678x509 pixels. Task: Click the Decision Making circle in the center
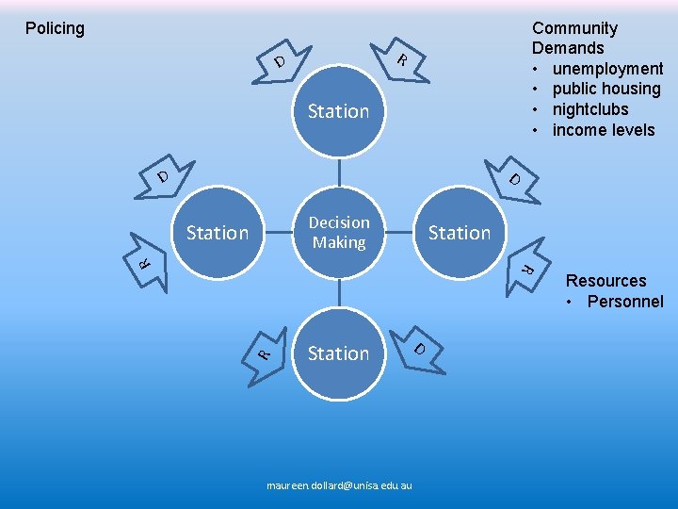[339, 232]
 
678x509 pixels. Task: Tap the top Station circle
[339, 111]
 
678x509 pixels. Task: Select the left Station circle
[218, 232]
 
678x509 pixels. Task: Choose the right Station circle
[460, 232]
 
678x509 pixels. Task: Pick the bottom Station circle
[339, 353]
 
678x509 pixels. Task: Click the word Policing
[55, 28]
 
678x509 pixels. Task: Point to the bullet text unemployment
[607, 69]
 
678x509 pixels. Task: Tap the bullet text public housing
[606, 89]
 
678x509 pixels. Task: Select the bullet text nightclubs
[590, 109]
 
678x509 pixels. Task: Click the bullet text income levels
[604, 130]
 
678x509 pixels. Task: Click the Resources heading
[605, 281]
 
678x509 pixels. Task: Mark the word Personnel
[625, 302]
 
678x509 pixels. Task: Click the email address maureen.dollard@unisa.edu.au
[339, 485]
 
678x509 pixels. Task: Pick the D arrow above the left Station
[160, 177]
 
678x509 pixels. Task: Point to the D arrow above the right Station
[516, 178]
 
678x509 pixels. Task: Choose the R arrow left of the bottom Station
[267, 353]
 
